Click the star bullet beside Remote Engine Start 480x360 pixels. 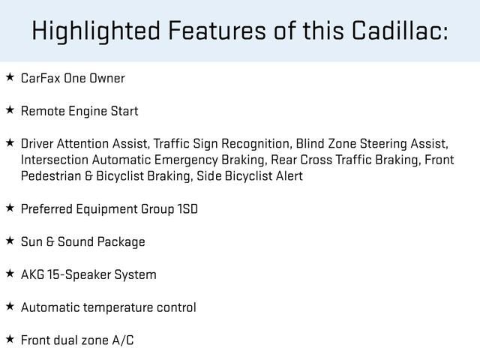pyautogui.click(x=10, y=110)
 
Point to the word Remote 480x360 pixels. pyautogui.click(x=43, y=111)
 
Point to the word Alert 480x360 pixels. pyautogui.click(x=286, y=176)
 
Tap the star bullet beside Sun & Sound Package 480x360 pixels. pyautogui.click(x=10, y=241)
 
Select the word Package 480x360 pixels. pyautogui.click(x=122, y=242)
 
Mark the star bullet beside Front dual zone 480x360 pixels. pyautogui.click(x=10, y=339)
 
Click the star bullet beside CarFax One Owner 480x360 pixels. pyautogui.click(x=10, y=77)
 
